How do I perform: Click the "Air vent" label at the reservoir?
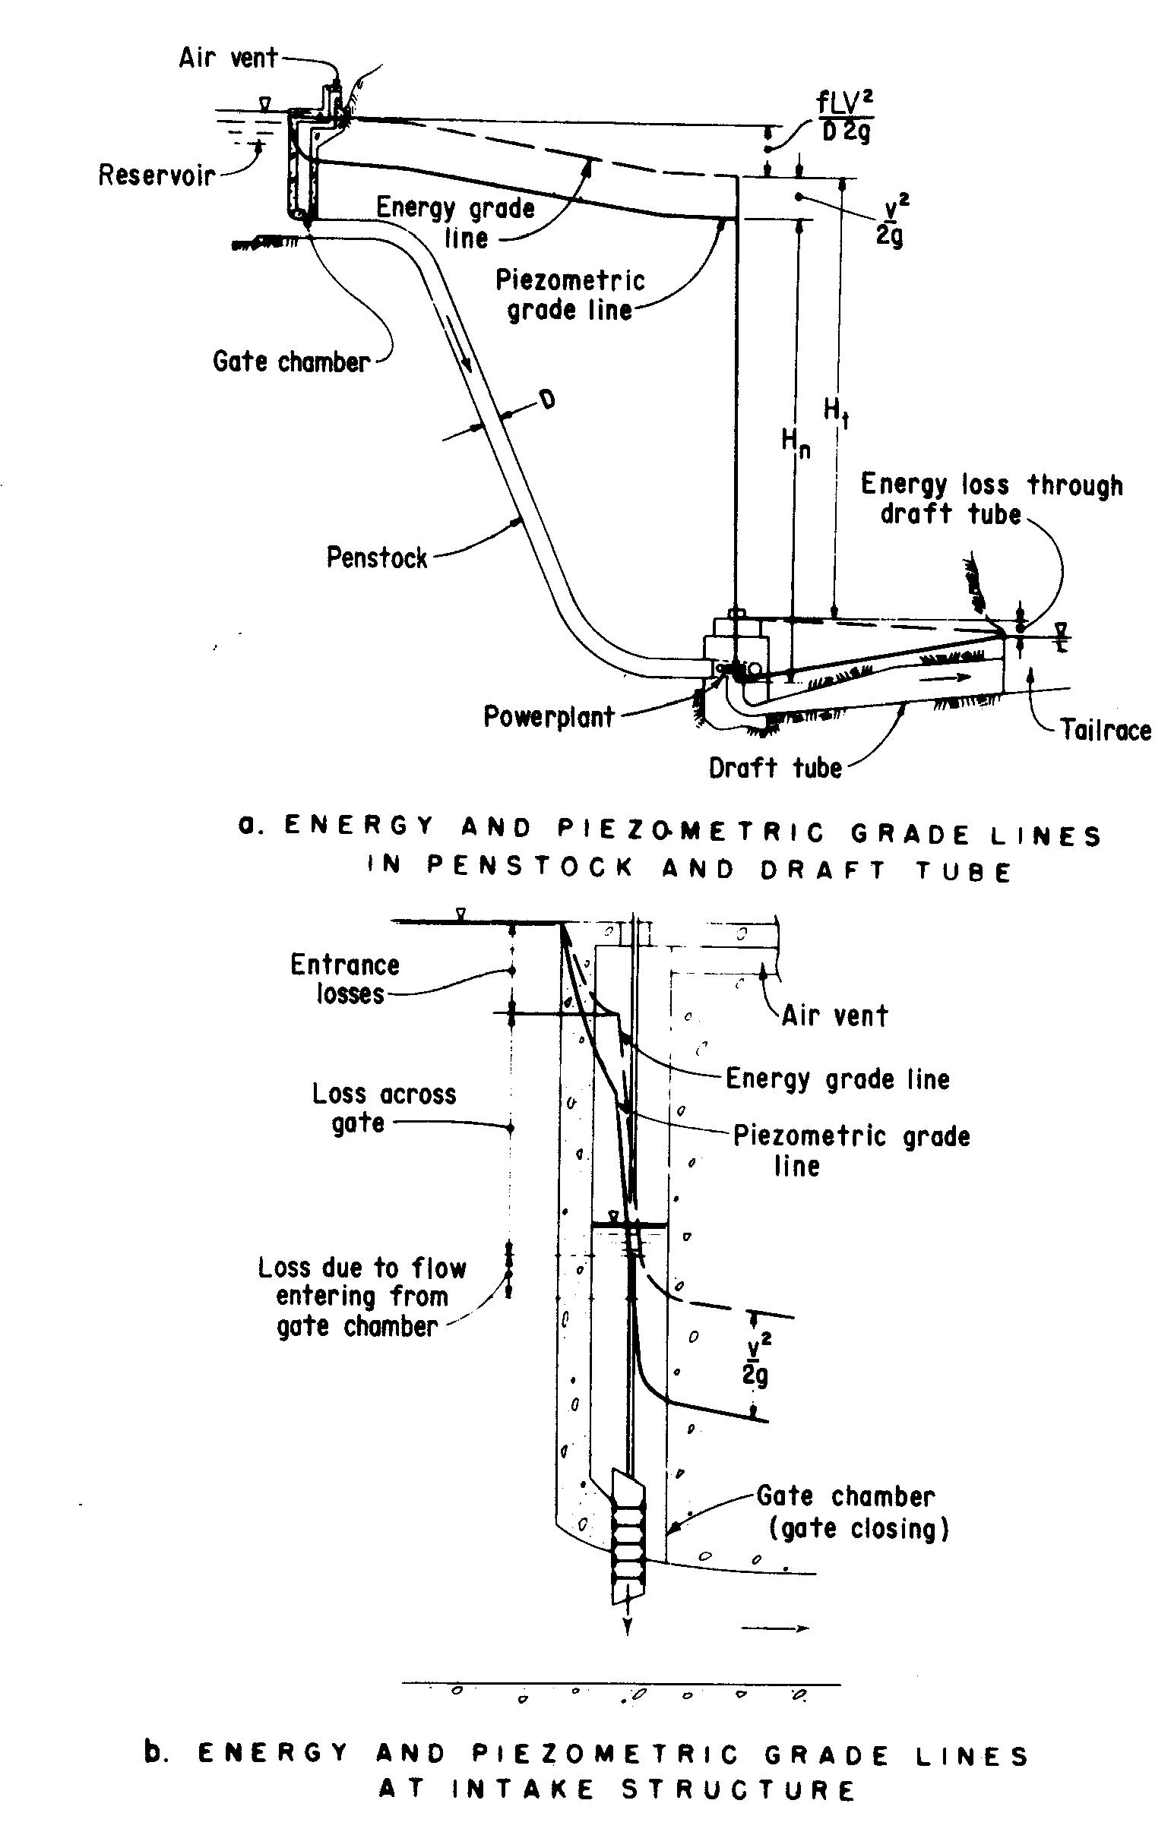tap(228, 58)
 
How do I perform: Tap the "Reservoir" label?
tap(157, 175)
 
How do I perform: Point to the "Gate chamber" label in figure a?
tap(290, 362)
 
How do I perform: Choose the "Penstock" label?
tap(377, 557)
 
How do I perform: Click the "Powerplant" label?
tap(549, 717)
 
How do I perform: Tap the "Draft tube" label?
tap(775, 767)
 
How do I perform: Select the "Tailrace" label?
tap(1106, 730)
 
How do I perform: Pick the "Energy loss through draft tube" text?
tap(991, 499)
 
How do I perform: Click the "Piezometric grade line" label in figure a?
tap(570, 295)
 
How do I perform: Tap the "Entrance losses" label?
tap(345, 978)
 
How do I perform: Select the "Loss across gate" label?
tap(384, 1107)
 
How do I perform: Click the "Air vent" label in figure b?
tap(835, 1015)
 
